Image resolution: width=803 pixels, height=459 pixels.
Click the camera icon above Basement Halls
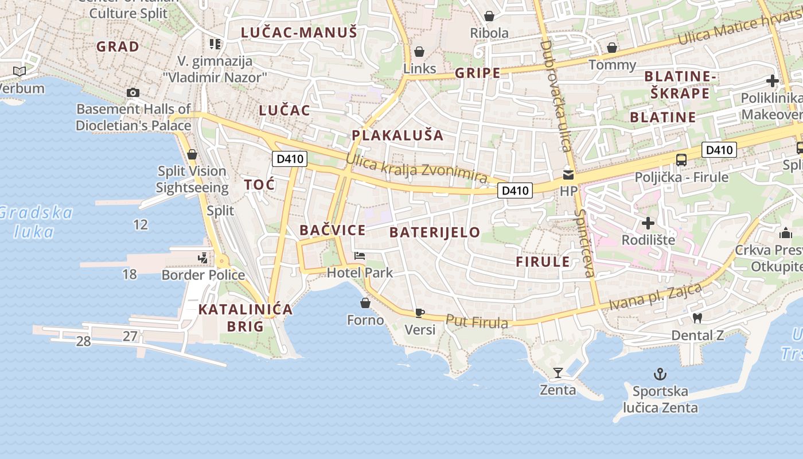[x=133, y=93]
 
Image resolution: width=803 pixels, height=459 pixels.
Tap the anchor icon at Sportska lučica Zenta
[x=660, y=375]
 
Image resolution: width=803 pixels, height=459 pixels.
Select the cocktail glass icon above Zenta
[x=558, y=373]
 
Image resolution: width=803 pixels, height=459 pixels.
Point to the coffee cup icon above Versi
[x=420, y=313]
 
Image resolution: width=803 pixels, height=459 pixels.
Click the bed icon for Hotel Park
[x=360, y=256]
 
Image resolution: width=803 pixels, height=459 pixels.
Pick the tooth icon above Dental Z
[x=697, y=318]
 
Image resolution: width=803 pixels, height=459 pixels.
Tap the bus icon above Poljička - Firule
[x=681, y=160]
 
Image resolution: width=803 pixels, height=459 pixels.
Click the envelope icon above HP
[x=568, y=174]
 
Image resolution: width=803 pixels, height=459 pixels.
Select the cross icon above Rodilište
[x=648, y=223]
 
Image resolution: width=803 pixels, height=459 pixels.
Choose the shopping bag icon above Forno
[x=365, y=303]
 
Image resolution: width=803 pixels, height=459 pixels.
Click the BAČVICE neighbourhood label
[x=332, y=231]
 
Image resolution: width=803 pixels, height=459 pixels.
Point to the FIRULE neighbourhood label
[x=543, y=262]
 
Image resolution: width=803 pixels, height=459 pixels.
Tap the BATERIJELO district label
[x=434, y=232]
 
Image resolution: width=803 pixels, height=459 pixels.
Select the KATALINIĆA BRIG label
[x=245, y=318]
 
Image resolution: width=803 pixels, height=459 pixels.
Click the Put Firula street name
[x=477, y=322]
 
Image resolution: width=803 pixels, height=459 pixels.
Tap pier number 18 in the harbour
[x=130, y=274]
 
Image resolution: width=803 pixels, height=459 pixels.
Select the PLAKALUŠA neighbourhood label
[x=397, y=135]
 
